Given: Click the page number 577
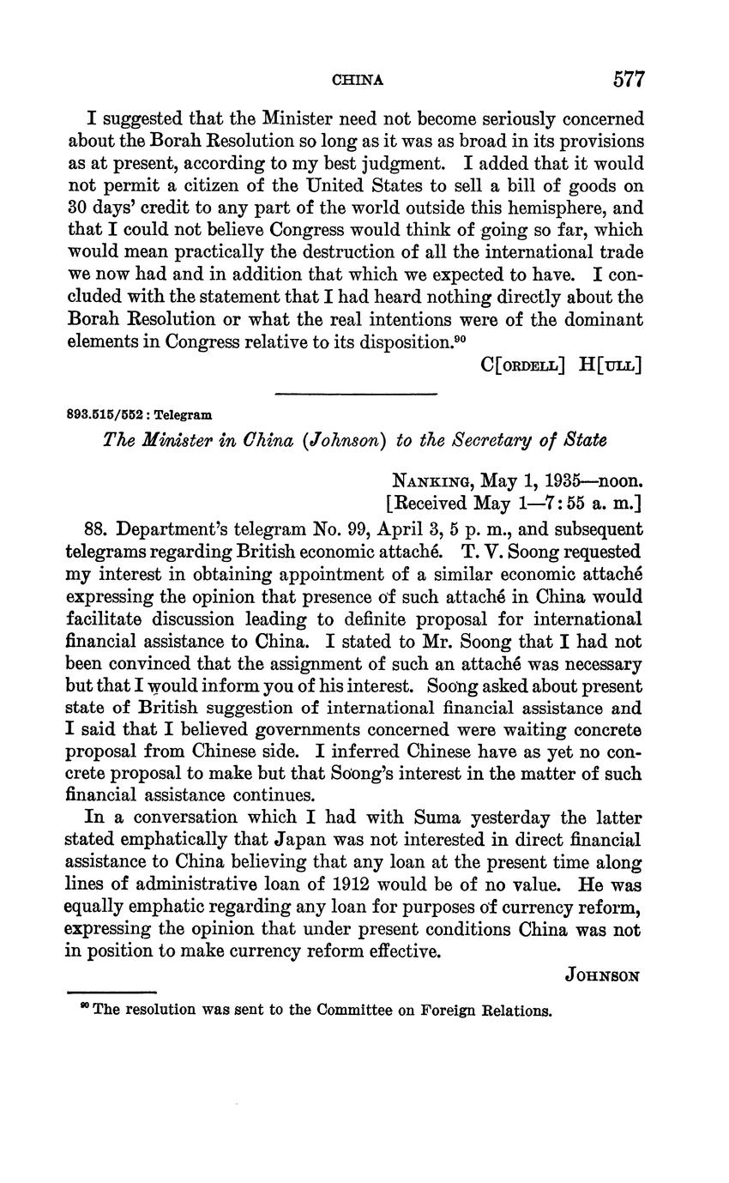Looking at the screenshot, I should click(628, 80).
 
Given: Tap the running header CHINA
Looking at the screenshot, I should click(357, 81).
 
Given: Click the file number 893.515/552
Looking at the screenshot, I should click(99, 414).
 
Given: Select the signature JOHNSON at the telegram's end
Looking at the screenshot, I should click(604, 975).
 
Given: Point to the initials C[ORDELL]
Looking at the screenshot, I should click(523, 364).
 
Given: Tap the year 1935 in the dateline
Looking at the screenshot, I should click(555, 480).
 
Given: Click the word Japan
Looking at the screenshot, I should click(304, 840).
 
